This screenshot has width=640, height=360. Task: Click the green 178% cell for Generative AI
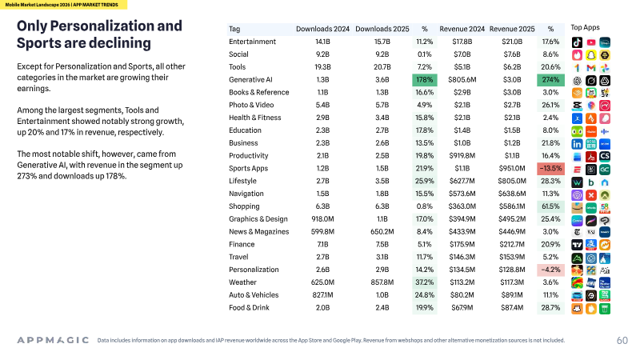pyautogui.click(x=425, y=79)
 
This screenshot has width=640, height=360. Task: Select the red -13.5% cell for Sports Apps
pyautogui.click(x=550, y=168)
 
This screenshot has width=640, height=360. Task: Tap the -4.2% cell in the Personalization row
pyautogui.click(x=550, y=270)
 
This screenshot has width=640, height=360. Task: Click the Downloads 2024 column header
pyautogui.click(x=322, y=29)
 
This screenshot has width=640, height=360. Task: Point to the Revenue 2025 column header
pyautogui.click(x=512, y=29)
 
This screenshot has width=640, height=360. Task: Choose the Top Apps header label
pyautogui.click(x=585, y=27)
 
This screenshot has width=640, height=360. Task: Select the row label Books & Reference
pyautogui.click(x=258, y=92)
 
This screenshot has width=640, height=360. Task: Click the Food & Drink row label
pyautogui.click(x=249, y=307)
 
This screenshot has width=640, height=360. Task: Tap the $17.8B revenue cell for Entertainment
pyautogui.click(x=462, y=42)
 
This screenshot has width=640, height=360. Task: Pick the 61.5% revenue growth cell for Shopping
pyautogui.click(x=550, y=206)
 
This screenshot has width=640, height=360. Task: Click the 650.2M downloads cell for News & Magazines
pyautogui.click(x=382, y=231)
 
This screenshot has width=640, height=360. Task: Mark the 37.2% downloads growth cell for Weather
pyautogui.click(x=425, y=282)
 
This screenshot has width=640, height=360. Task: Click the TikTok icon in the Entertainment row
pyautogui.click(x=577, y=42)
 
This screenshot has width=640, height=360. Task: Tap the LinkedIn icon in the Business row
pyautogui.click(x=577, y=144)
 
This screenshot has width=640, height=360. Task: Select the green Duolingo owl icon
pyautogui.click(x=577, y=131)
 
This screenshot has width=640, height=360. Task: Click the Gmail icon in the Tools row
pyautogui.click(x=590, y=68)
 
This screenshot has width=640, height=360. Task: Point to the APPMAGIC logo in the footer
pyautogui.click(x=53, y=340)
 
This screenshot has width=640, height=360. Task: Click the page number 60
pyautogui.click(x=622, y=341)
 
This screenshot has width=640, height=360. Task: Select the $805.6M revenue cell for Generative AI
pyautogui.click(x=462, y=79)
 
